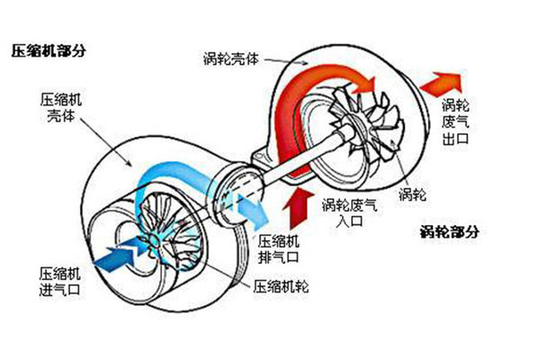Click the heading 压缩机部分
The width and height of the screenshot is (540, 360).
coord(49,51)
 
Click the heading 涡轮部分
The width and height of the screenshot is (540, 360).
coord(449,231)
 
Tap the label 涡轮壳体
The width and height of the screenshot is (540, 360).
coord(230,58)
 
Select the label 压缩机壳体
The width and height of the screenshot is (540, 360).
coord(61,108)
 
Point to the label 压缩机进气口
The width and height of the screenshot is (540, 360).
coord(59,282)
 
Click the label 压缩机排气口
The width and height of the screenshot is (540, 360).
coord(278,249)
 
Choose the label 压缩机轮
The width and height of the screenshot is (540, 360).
coord(281,286)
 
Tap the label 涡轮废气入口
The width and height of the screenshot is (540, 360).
coord(350,213)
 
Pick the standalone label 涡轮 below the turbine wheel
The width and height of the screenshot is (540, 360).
coord(412,194)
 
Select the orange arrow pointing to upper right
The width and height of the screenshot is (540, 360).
coord(442,85)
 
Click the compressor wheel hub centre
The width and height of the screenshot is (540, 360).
coord(156,238)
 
